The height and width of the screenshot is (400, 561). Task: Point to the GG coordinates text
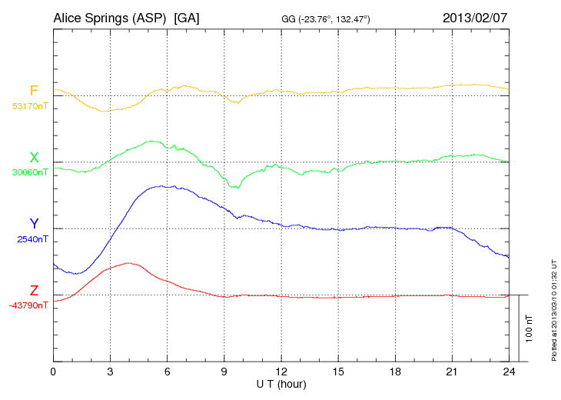click(327, 18)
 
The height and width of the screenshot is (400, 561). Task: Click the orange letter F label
click(34, 91)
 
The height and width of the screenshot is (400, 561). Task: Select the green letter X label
click(34, 158)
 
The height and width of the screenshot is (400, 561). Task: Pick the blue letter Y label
click(34, 224)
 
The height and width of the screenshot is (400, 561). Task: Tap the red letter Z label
click(34, 290)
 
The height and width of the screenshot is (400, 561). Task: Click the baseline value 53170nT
click(29, 106)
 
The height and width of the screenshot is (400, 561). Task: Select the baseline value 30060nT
click(29, 172)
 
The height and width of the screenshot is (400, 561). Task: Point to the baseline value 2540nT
click(32, 239)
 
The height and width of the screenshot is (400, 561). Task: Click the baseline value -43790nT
click(28, 305)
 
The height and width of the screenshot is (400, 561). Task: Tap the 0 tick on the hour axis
click(53, 372)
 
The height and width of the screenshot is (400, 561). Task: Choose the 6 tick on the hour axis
click(168, 372)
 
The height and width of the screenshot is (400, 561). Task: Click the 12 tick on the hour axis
click(281, 372)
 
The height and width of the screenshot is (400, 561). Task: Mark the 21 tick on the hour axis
click(452, 372)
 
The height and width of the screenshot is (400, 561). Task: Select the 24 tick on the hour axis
click(509, 372)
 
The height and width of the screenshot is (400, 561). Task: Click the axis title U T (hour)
click(280, 383)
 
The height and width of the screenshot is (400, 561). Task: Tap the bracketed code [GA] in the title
click(187, 17)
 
